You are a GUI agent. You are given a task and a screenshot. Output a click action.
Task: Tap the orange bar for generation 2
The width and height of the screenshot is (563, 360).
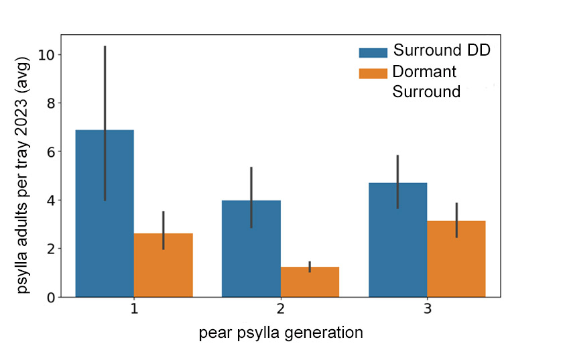tap(310, 282)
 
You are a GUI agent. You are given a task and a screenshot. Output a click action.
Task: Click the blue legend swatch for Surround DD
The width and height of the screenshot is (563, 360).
tap(373, 52)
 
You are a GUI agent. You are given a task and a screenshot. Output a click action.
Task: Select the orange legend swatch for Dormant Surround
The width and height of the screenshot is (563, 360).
tap(373, 72)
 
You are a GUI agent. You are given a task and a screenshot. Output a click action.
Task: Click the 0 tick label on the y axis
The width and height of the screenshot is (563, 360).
tap(50, 297)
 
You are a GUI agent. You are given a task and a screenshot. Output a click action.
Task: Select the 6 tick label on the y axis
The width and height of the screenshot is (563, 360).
tap(50, 152)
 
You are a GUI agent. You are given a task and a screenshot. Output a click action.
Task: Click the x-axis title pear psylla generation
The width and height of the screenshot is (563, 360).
tap(281, 333)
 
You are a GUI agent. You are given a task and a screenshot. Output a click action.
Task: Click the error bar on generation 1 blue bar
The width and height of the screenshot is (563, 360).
tap(105, 101)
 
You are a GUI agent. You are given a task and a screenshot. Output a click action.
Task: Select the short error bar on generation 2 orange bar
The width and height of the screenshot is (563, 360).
tap(310, 266)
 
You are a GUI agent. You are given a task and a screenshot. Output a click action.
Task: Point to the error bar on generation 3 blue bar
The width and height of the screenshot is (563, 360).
tap(398, 174)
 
